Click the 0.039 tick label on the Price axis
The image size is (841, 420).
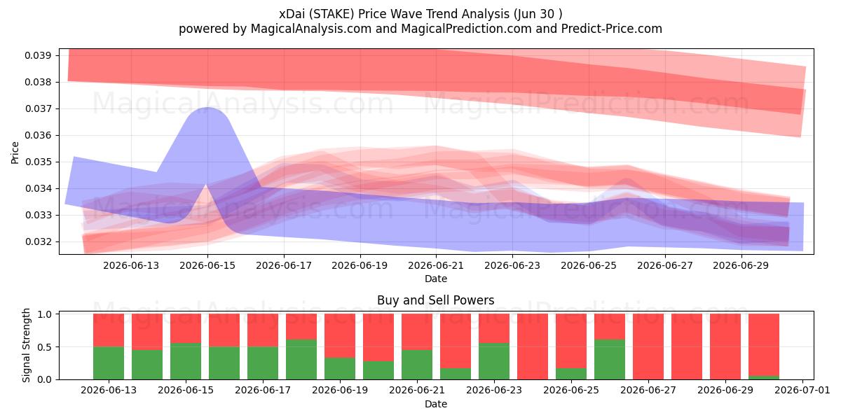coord(38,55)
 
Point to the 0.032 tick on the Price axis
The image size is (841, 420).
coord(38,242)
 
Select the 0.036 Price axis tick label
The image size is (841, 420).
coord(38,135)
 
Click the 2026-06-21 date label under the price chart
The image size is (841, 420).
coord(436,265)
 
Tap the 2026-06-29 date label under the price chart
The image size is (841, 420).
coord(741,265)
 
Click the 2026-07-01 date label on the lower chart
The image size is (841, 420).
coord(802,390)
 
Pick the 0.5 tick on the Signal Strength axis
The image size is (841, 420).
coord(45,347)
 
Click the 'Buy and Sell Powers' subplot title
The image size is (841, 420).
coord(435,300)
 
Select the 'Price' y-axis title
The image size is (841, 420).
coord(15,153)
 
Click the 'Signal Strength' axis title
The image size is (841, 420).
coord(26,345)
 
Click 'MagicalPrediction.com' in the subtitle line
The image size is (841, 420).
coord(466,29)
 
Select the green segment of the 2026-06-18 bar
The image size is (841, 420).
coord(301,360)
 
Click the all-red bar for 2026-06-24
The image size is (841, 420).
coord(533,346)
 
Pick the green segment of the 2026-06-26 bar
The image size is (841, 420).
coord(610,360)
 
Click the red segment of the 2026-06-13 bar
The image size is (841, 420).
coord(109,330)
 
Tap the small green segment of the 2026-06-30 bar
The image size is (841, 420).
coord(764,377)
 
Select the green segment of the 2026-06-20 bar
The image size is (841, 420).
coord(378,370)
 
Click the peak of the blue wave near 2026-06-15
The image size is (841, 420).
coord(207,108)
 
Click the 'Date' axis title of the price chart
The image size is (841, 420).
coord(435,279)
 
